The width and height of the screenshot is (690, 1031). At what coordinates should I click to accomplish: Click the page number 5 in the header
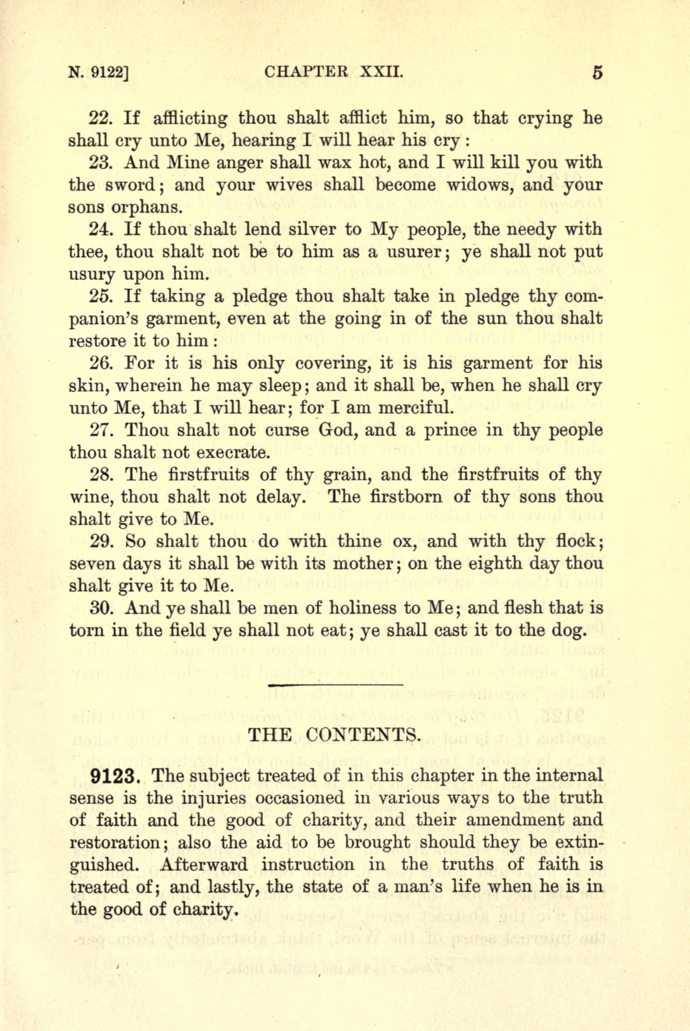tap(597, 72)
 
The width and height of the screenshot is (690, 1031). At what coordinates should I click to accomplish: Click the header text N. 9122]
tap(98, 73)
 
